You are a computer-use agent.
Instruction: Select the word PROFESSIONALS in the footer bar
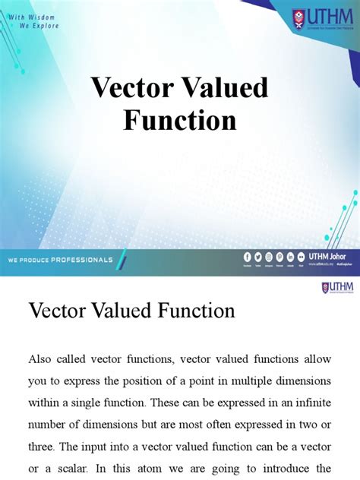82,260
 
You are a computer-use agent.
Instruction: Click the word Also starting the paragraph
41,358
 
